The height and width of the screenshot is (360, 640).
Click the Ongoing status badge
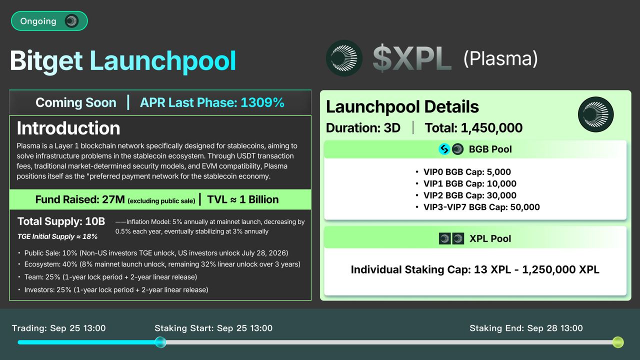click(x=49, y=21)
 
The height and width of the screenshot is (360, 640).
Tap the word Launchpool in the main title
click(x=163, y=61)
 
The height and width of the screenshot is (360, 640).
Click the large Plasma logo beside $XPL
click(x=344, y=58)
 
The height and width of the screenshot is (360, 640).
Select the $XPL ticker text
click(x=412, y=58)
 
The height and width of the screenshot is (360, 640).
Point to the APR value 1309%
click(x=262, y=102)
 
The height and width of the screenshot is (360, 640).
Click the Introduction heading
click(x=68, y=128)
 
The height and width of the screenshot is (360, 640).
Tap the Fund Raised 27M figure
click(x=80, y=199)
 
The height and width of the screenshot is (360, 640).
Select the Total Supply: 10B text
click(x=61, y=221)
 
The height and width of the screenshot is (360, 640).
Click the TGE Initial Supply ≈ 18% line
click(x=57, y=236)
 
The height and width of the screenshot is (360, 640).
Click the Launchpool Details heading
click(x=402, y=107)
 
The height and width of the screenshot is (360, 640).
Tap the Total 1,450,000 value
click(x=473, y=128)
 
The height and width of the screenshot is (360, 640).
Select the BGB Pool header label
click(x=490, y=149)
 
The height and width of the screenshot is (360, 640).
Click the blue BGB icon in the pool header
click(x=444, y=149)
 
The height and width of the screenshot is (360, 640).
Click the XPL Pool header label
click(x=490, y=238)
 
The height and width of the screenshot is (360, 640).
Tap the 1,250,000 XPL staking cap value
click(x=560, y=269)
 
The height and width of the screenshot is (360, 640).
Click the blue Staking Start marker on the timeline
click(x=160, y=342)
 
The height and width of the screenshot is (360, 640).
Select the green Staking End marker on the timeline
click(x=618, y=342)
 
